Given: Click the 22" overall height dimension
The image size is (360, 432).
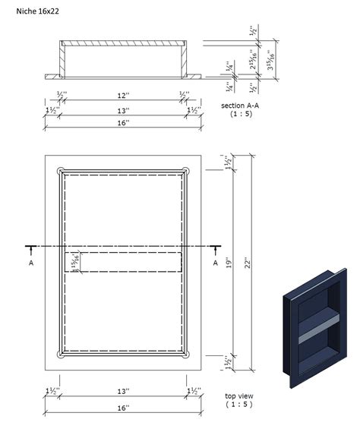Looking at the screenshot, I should click(248, 263).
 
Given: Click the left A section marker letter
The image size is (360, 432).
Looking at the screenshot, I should click(31, 262).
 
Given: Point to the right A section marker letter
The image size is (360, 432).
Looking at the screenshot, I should click(216, 262).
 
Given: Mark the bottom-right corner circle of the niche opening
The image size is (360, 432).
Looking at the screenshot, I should click(186, 355).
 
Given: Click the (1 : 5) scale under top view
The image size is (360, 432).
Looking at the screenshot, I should click(241, 405).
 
